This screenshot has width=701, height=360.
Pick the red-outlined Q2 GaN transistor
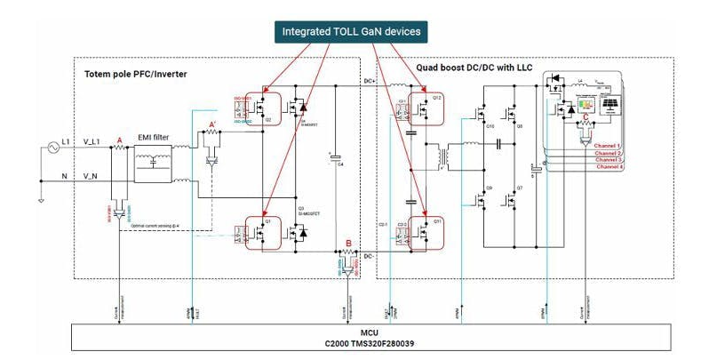tap(264, 111)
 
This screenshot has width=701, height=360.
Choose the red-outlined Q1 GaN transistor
tap(264, 233)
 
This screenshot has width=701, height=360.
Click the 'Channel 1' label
tap(609, 145)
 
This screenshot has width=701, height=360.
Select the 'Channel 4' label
tap(609, 167)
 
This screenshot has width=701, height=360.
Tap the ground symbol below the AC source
tap(40, 199)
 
